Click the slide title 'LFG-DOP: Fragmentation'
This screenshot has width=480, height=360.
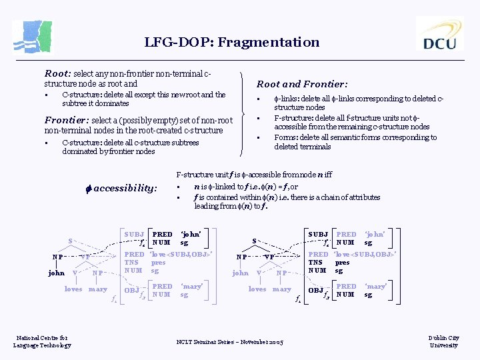(x=232, y=42)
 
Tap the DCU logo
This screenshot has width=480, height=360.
(x=439, y=34)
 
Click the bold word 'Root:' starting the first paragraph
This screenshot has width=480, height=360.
(x=57, y=73)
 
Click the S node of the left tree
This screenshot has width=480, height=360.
(x=71, y=241)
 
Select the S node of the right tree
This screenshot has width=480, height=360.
(x=253, y=241)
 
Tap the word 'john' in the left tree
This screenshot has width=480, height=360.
(x=57, y=272)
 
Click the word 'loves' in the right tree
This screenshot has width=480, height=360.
(x=257, y=289)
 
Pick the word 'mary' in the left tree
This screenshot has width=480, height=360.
(x=98, y=289)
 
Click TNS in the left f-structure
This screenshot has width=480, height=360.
(x=132, y=263)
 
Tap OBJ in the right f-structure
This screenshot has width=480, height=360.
(x=315, y=290)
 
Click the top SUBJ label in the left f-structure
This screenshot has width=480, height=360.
(x=134, y=235)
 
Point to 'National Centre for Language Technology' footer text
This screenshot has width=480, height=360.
(x=42, y=341)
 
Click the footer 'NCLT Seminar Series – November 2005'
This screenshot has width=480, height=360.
(x=230, y=342)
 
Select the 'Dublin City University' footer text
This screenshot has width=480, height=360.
(x=444, y=341)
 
